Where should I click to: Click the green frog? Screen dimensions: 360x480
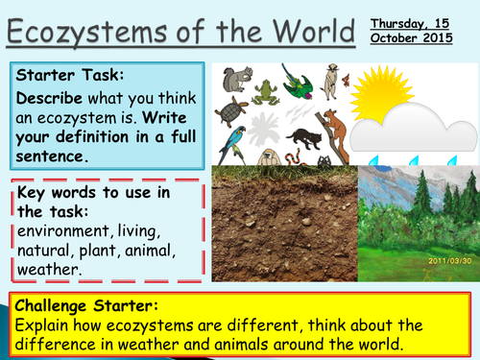(264, 91)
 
